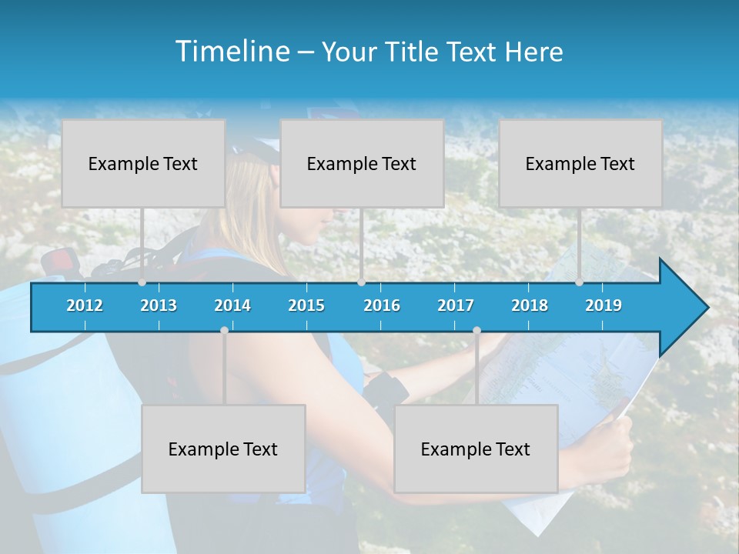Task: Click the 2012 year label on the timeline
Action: point(85,305)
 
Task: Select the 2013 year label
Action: point(159,305)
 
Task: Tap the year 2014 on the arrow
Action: point(232,305)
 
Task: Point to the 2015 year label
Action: point(306,305)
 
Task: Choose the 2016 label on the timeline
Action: point(382,305)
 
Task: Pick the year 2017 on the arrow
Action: point(456,305)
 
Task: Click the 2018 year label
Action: point(530,305)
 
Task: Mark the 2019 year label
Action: point(604,305)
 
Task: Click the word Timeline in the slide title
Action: point(232,52)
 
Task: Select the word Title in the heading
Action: point(416,52)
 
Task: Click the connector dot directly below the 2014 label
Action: point(224,330)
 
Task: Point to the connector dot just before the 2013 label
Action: point(142,282)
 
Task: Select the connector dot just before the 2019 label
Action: point(579,282)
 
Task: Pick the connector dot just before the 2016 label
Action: point(361,282)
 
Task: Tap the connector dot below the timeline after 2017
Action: point(477,330)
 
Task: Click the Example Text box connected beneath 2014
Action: point(223,449)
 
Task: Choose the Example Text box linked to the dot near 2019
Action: point(580,163)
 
